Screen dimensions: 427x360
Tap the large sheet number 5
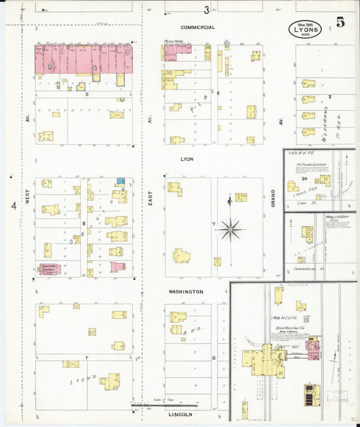[341, 22]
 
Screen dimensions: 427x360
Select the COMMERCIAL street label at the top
[198, 28]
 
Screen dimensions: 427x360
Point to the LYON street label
[187, 160]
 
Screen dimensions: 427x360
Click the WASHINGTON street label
[186, 292]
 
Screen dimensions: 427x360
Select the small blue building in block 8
[120, 181]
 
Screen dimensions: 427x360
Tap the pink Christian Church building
[49, 269]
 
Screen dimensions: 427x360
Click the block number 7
[213, 224]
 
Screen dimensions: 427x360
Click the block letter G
[213, 356]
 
